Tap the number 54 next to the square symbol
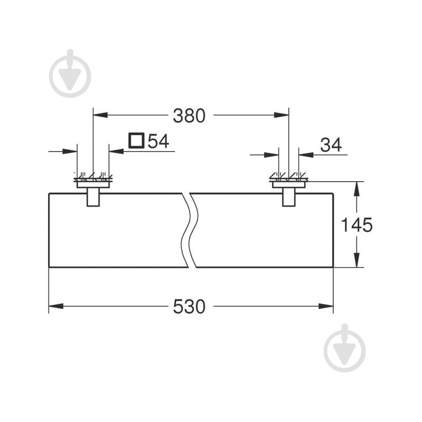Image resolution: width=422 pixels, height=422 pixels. (x=157, y=141)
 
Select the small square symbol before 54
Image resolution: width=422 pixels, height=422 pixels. (x=136, y=140)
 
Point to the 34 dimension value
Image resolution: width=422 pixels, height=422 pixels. (x=331, y=144)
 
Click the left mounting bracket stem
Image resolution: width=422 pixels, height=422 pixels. (x=93, y=198)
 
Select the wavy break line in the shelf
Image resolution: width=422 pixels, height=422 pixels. (x=190, y=230)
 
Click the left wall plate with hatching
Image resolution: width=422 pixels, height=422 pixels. (x=93, y=181)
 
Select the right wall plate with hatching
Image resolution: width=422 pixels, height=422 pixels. (x=289, y=181)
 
